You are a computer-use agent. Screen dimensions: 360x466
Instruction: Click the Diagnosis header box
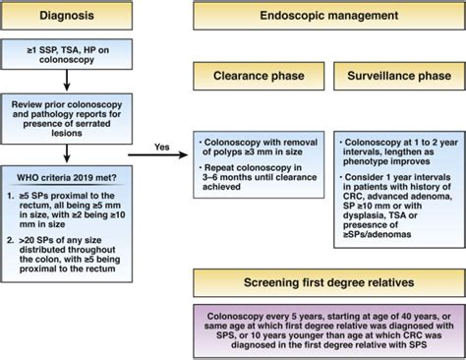67,18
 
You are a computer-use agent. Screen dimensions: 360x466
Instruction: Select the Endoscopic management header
327,18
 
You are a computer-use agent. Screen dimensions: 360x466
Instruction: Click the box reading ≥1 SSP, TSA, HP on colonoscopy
67,55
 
